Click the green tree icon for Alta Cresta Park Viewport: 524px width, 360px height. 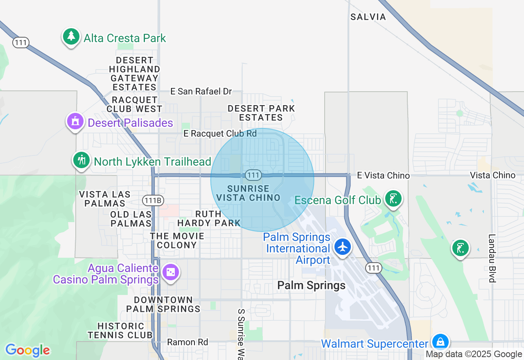click(x=72, y=37)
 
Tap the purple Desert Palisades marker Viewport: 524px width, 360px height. click(x=75, y=122)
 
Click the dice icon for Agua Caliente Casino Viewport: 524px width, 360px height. click(x=170, y=272)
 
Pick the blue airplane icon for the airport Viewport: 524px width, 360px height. click(x=342, y=247)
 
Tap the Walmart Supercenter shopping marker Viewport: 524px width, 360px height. click(x=440, y=341)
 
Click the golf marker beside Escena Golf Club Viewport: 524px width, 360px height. click(x=393, y=199)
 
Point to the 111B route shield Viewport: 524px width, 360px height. click(x=153, y=200)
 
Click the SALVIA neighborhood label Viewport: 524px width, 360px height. click(x=368, y=17)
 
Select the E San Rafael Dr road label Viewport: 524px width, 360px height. click(x=201, y=91)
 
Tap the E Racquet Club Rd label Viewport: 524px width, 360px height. click(x=220, y=133)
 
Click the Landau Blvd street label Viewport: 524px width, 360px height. click(x=492, y=258)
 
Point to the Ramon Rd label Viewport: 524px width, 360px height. click(x=187, y=342)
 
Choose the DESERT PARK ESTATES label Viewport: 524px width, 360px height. click(x=261, y=113)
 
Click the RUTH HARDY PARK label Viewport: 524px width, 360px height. click(x=209, y=218)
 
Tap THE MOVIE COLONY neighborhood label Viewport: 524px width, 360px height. click(x=177, y=241)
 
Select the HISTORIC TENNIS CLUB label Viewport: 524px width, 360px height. click(x=120, y=331)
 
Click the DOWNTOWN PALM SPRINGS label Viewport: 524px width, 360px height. click(x=163, y=304)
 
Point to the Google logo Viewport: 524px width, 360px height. click(x=27, y=350)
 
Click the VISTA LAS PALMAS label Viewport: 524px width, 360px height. click(x=104, y=198)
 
